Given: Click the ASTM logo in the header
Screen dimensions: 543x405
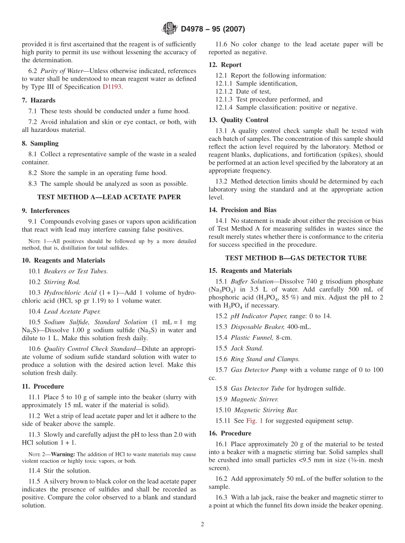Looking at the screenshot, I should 170,29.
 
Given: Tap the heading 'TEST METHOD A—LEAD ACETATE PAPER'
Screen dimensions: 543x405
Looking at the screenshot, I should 109,197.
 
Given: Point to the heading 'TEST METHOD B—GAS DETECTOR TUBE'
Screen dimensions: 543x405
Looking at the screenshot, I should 296,258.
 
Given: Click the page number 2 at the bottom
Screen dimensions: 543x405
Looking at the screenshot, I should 202,524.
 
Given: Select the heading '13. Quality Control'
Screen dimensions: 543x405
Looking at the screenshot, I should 238,120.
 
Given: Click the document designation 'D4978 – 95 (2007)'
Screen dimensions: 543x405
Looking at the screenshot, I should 213,29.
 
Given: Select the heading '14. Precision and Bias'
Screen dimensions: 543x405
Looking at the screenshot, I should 242,210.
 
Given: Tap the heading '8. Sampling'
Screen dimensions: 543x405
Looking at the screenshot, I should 40,143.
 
